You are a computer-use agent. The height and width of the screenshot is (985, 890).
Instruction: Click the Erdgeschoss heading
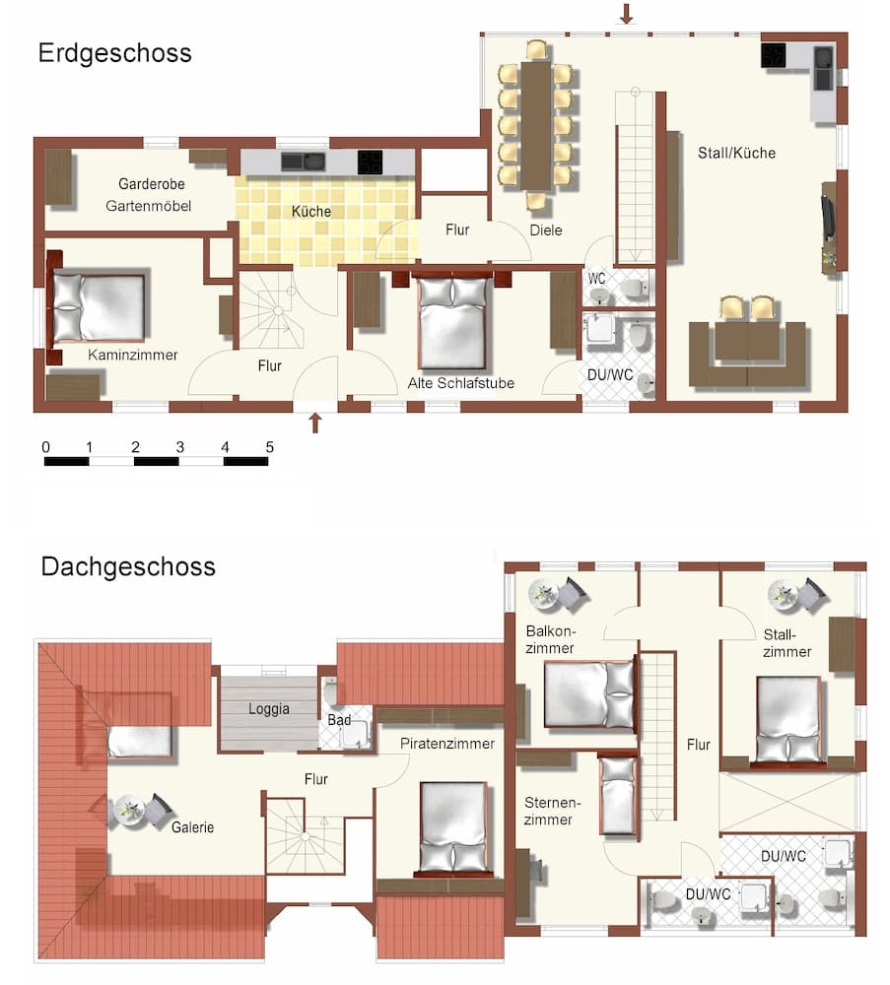pos(114,52)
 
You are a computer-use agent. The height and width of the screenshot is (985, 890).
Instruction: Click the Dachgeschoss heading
pos(128,567)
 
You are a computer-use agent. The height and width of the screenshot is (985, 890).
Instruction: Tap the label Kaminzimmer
pos(132,355)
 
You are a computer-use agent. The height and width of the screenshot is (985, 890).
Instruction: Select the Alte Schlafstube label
pos(460,383)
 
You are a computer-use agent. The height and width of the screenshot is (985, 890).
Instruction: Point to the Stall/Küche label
pos(736,153)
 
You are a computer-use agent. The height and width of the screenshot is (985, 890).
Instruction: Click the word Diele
pos(545,230)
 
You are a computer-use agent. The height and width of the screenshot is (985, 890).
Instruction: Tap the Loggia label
pos(268,707)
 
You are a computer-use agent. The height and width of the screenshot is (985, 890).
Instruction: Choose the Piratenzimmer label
pos(447,744)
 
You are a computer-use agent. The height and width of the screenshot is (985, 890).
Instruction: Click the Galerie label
pos(192,827)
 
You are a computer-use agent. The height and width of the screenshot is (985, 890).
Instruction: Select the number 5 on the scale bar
pos(269,447)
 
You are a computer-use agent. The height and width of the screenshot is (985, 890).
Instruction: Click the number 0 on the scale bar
pos(45,447)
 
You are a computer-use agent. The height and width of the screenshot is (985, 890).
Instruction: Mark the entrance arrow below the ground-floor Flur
pos(315,423)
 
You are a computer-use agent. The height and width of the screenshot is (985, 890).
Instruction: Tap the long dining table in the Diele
pos(537,125)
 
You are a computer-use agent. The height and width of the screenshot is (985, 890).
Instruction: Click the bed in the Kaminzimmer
pos(99,306)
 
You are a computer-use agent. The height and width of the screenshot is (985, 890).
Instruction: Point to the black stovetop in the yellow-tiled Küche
pos(370,163)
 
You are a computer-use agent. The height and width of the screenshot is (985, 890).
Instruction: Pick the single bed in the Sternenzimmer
pos(619,794)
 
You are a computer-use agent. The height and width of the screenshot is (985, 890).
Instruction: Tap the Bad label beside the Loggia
pos(339,720)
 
